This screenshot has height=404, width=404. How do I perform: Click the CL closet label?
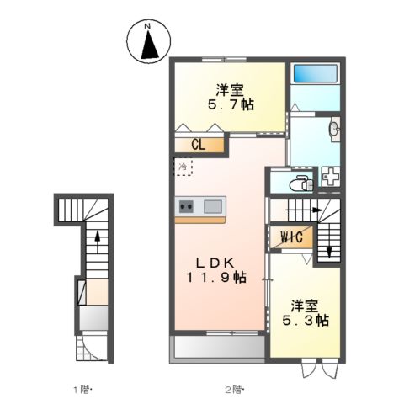point(199,145)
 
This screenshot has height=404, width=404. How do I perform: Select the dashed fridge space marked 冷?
point(183,167)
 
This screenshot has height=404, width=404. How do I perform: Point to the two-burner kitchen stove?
point(187,206)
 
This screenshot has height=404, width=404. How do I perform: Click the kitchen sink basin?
point(211,206)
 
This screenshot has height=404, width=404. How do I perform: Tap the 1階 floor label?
point(82,389)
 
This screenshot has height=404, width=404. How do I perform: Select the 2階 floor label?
point(231,389)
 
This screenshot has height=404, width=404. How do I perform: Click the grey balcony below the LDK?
point(218,348)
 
